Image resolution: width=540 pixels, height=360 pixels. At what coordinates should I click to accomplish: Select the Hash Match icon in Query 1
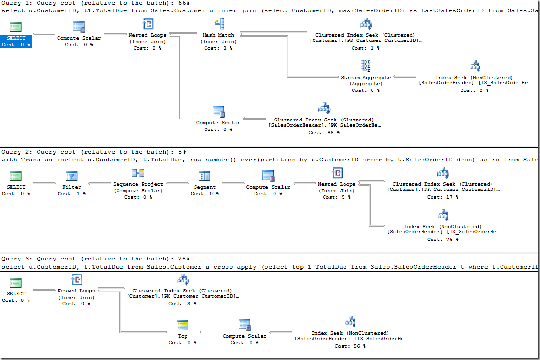(219, 24)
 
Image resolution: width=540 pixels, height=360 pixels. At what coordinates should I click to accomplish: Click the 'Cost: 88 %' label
(324, 133)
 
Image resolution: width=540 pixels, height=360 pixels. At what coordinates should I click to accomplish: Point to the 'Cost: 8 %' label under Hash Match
(219, 48)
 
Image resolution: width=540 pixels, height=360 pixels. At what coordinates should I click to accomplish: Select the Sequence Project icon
(138, 173)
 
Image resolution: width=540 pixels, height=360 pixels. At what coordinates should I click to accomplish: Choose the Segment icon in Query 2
(205, 176)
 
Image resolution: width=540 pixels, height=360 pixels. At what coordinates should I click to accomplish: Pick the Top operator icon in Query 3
(183, 325)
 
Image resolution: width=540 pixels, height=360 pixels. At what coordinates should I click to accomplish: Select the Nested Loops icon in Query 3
(76, 280)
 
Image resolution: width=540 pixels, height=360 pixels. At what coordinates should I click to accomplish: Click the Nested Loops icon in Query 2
(336, 173)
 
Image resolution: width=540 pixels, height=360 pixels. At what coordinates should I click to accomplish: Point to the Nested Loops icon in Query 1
(147, 24)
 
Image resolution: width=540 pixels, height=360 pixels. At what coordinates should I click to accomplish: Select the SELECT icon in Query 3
(16, 282)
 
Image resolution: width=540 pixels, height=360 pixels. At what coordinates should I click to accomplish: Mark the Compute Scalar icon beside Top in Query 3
(245, 325)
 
